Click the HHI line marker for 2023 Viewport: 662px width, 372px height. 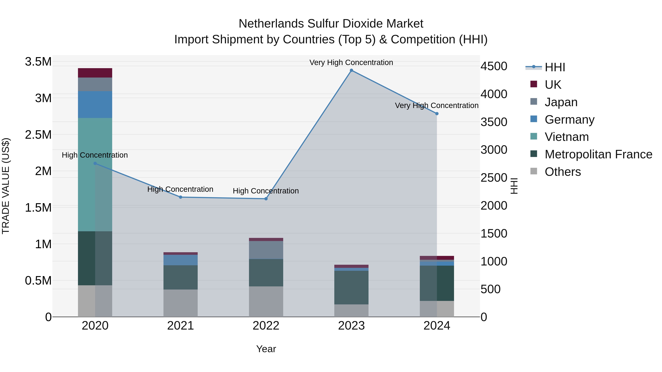[351, 70]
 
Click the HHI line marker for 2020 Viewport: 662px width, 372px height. [95, 163]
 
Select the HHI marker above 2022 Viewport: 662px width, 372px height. [266, 199]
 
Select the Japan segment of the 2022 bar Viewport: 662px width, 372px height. [266, 250]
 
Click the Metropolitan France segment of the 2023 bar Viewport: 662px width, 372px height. [351, 287]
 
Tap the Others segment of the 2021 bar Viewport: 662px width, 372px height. [180, 303]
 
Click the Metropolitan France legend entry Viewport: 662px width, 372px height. [598, 154]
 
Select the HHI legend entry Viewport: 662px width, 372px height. [555, 67]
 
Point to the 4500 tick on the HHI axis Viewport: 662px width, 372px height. [494, 66]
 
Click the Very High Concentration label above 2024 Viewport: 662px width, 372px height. [437, 105]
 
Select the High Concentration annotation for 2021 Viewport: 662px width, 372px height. [180, 189]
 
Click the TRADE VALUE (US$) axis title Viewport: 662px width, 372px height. [6, 186]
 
